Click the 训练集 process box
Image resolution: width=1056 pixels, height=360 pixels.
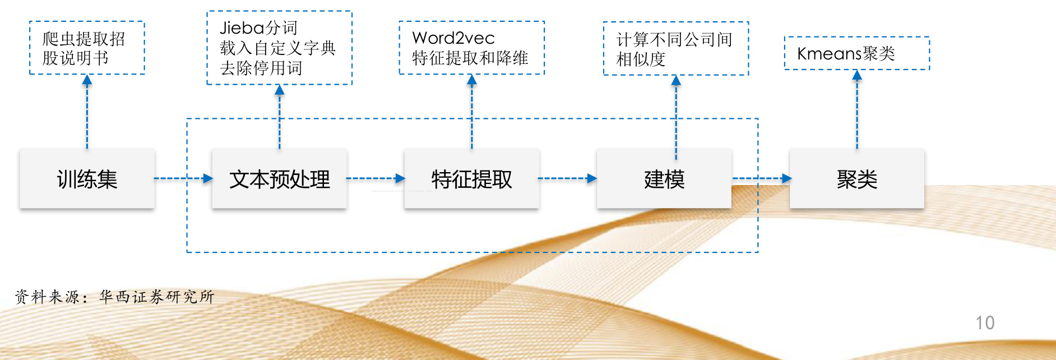click(87, 179)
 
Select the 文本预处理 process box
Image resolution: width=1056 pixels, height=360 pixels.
click(279, 179)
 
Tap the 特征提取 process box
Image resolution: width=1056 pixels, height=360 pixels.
click(471, 179)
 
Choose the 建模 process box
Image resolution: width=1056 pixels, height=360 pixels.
click(664, 179)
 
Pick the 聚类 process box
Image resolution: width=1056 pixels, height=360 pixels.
click(856, 179)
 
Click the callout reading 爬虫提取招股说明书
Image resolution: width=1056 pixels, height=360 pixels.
click(87, 48)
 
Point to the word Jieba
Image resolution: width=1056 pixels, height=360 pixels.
click(242, 27)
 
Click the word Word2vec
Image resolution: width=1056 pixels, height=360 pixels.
click(453, 38)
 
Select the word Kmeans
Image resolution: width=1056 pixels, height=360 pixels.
click(830, 54)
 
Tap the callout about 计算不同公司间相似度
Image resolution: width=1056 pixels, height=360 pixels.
click(675, 49)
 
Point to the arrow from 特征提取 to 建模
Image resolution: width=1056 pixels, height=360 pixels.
click(567, 178)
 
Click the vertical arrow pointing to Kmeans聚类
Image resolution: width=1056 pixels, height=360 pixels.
click(856, 109)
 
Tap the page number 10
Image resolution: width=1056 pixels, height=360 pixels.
click(985, 323)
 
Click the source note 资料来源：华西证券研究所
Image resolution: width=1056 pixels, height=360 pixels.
click(115, 297)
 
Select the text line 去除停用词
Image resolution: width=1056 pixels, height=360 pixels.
click(261, 68)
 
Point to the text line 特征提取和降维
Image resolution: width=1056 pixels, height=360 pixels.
click(470, 58)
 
